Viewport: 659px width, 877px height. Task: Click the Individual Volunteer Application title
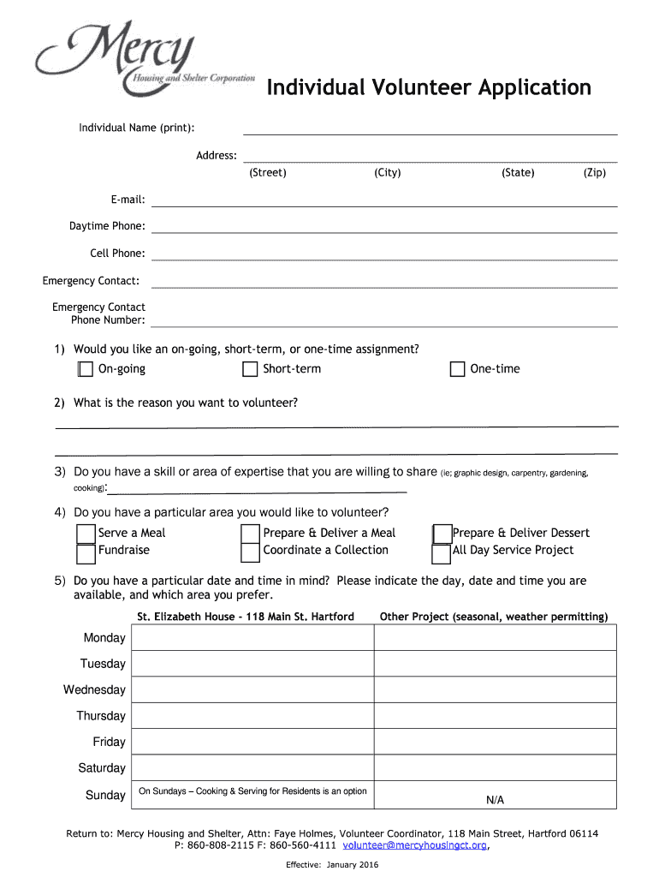[x=428, y=87]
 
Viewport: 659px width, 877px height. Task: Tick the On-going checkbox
[x=85, y=369]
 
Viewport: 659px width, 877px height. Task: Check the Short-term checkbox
[x=250, y=369]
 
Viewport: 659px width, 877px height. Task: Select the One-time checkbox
[x=457, y=369]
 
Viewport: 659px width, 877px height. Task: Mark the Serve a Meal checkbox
[x=86, y=534]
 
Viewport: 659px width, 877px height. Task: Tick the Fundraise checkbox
[x=86, y=553]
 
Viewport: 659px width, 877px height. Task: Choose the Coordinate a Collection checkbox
[x=250, y=552]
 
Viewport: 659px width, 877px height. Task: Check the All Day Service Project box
[x=442, y=553]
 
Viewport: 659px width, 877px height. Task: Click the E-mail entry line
[x=384, y=200]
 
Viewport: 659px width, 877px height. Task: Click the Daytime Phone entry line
[x=384, y=227]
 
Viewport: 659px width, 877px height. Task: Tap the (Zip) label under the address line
[x=595, y=173]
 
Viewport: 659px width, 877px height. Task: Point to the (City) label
[x=388, y=173]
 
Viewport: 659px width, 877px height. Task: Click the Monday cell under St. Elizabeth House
[x=252, y=638]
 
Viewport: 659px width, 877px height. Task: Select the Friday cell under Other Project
[x=495, y=742]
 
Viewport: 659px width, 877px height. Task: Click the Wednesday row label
[x=94, y=690]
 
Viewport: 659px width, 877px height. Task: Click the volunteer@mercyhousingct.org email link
[x=414, y=845]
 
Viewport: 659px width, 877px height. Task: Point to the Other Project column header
[x=494, y=617]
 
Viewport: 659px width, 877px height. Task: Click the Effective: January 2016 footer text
[x=332, y=864]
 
